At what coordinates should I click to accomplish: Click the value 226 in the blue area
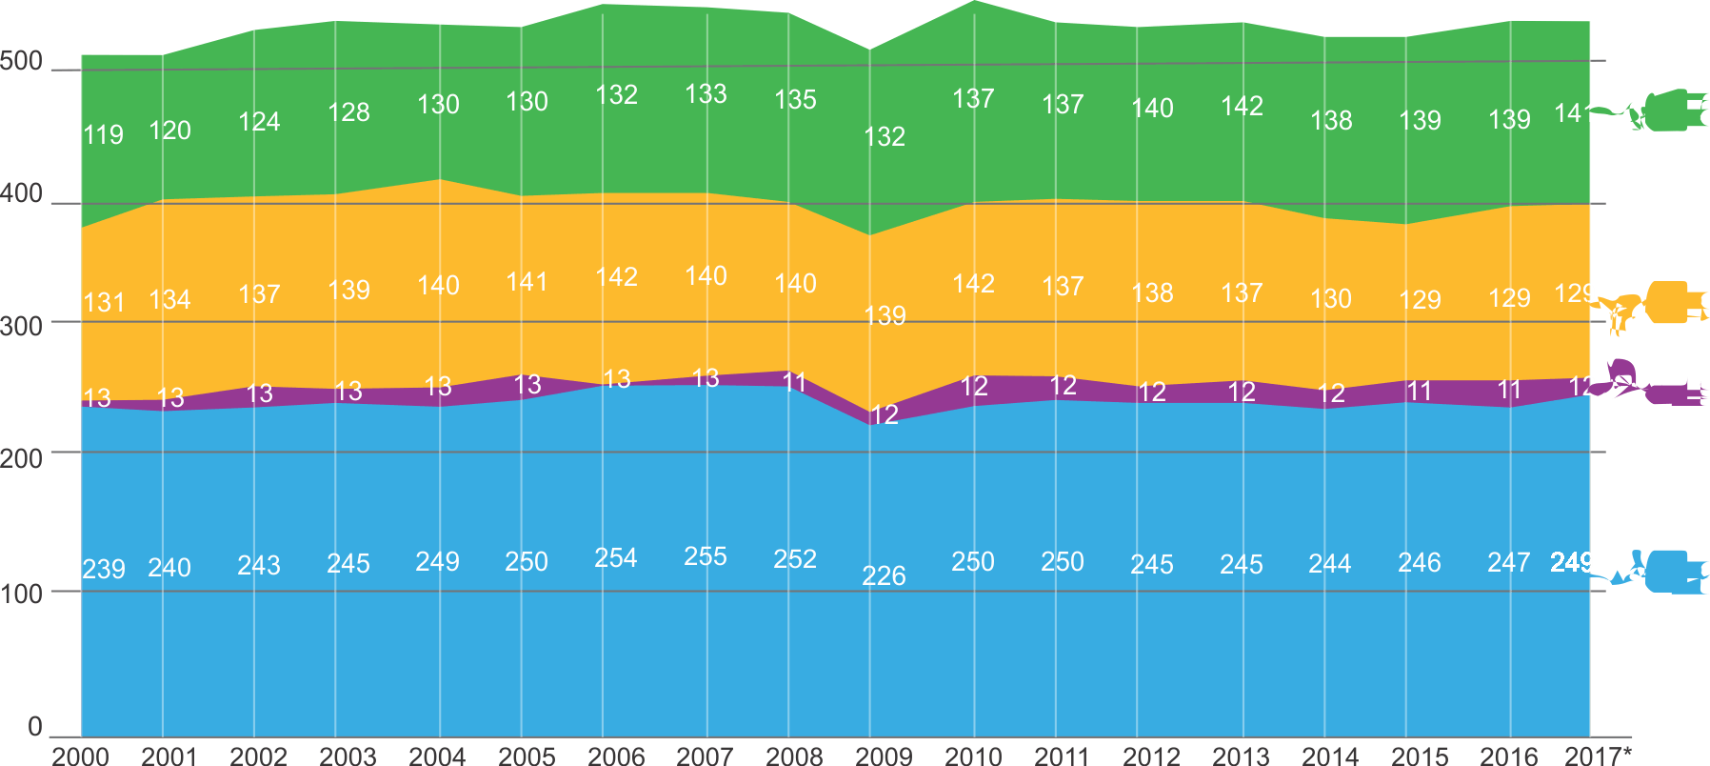[x=884, y=575]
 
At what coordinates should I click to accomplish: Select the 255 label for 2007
[x=705, y=556]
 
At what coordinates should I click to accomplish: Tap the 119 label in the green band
[x=103, y=134]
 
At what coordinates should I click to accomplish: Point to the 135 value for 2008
[x=795, y=99]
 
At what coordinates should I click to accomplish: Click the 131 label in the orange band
[x=104, y=302]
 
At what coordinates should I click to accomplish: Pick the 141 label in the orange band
[x=527, y=282]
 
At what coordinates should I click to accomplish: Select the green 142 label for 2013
[x=1242, y=106]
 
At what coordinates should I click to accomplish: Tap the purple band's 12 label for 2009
[x=884, y=414]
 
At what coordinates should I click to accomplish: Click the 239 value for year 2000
[x=103, y=569]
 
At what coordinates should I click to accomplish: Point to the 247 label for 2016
[x=1509, y=562]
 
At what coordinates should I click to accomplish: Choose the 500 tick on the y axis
[x=21, y=62]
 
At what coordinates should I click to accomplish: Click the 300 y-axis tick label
[x=21, y=326]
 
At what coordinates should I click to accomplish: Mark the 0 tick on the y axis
[x=35, y=726]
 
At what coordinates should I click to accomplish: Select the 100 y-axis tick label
[x=21, y=594]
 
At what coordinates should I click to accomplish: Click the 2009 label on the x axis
[x=884, y=756]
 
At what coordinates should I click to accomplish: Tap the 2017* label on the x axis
[x=1598, y=756]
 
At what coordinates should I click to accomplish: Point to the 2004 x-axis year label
[x=437, y=756]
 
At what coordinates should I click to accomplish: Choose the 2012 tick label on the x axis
[x=1151, y=756]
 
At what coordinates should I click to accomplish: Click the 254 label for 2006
[x=615, y=557]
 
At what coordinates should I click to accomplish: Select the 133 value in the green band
[x=706, y=93]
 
